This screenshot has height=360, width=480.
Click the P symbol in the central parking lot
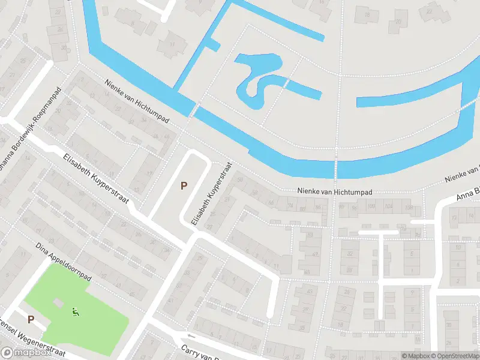(184, 186)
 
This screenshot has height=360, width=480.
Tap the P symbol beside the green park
(31, 320)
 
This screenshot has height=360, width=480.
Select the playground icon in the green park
(76, 311)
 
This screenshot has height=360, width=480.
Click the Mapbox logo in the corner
(26, 352)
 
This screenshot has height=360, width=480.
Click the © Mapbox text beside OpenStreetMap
(416, 356)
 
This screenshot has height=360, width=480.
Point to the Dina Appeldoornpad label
(62, 261)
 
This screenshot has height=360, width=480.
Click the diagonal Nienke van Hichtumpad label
(137, 103)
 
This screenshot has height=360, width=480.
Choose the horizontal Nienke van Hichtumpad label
(335, 192)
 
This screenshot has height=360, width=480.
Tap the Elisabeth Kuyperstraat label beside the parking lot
(211, 193)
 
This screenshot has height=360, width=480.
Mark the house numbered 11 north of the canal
(174, 43)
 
